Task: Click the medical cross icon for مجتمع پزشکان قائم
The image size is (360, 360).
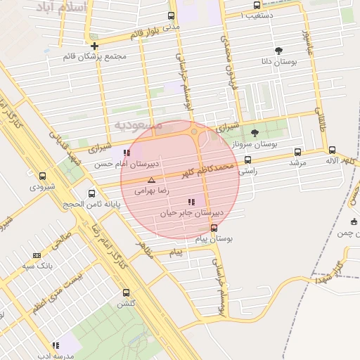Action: point(94,46)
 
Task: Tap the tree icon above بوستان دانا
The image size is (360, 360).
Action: point(279,51)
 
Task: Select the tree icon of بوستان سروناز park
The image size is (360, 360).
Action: point(255,132)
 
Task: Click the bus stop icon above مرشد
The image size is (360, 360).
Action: point(298,151)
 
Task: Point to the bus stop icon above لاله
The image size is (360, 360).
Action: point(332,150)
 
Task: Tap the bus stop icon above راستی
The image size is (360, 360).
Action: point(248,160)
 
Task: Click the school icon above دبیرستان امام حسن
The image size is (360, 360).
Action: point(126,153)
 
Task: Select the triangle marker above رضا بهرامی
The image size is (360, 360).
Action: point(151,180)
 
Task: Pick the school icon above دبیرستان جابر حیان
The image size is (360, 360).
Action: point(192,202)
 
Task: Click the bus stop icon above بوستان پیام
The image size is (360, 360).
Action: point(214,228)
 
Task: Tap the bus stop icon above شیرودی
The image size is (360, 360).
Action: point(42,176)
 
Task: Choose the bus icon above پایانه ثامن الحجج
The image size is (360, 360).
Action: point(91,193)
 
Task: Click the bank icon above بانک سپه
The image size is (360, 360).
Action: point(37,255)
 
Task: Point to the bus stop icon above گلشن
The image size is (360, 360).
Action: point(126,292)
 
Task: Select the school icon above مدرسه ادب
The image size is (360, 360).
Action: point(55,345)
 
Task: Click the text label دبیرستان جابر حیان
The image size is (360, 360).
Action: point(187,212)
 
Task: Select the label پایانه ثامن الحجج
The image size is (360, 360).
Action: point(95,204)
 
